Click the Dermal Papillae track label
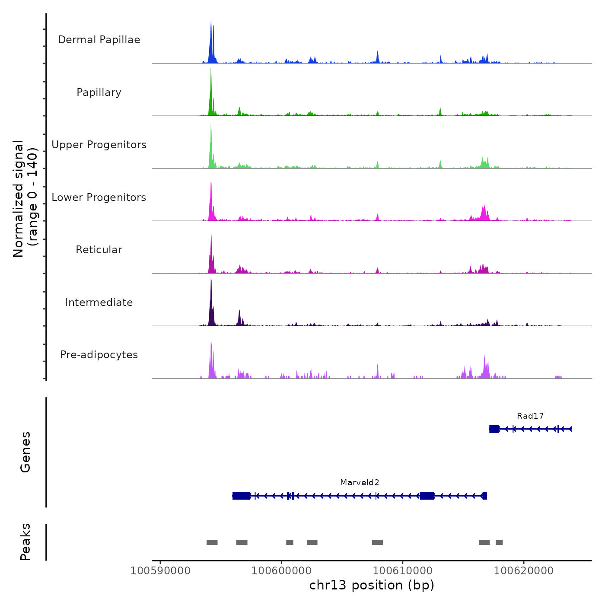click(x=99, y=40)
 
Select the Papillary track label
click(x=99, y=92)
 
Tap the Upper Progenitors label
click(x=99, y=145)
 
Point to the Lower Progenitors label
click(x=99, y=197)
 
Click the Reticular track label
click(x=99, y=250)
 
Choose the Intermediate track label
click(x=99, y=302)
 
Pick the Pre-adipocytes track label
click(x=99, y=355)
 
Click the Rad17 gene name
click(x=530, y=416)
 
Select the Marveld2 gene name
click(x=360, y=483)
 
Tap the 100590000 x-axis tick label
click(x=160, y=571)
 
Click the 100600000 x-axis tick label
click(x=281, y=571)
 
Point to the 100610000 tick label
click(x=402, y=571)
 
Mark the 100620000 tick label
click(x=523, y=571)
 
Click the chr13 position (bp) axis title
click(x=372, y=586)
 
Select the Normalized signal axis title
click(x=25, y=198)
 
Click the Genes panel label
click(x=25, y=452)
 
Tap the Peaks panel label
click(x=25, y=542)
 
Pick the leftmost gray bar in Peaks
click(x=212, y=542)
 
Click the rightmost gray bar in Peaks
click(x=499, y=542)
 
